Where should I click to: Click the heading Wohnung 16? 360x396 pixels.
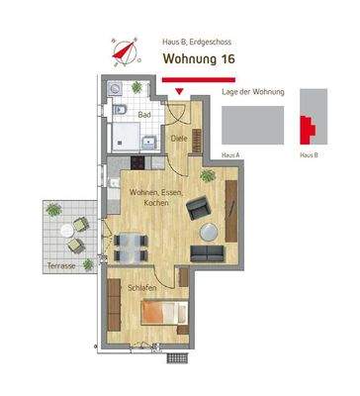pos(199,59)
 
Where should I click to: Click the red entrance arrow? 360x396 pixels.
pos(179,94)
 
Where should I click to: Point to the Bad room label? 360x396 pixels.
pos(144,115)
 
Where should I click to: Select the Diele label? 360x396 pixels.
pos(180,140)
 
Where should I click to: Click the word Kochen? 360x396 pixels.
pos(155,203)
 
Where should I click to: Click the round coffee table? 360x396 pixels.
pos(209,232)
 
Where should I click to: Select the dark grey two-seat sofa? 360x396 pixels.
pos(209,253)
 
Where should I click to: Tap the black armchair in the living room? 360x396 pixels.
pos(198,207)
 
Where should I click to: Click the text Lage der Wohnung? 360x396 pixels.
pos(254,92)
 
